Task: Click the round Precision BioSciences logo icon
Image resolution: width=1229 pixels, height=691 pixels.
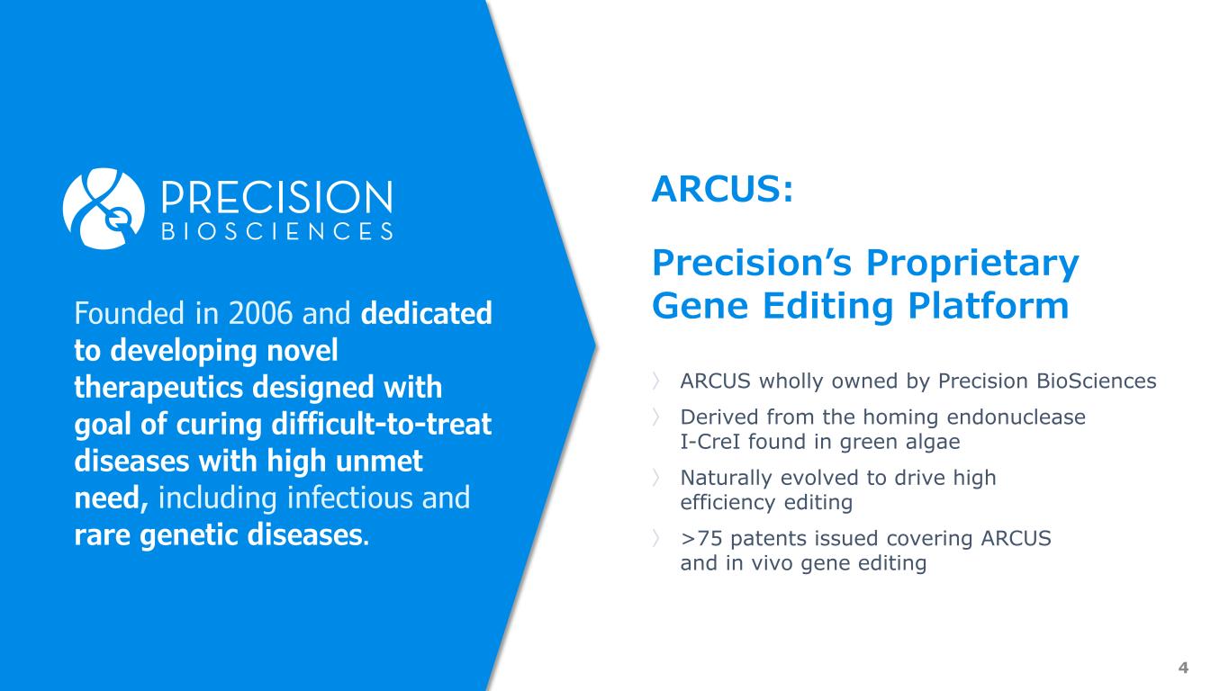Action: pyautogui.click(x=104, y=209)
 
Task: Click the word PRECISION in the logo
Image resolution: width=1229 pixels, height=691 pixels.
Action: pyautogui.click(x=277, y=197)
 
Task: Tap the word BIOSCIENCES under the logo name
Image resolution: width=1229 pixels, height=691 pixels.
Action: pyautogui.click(x=277, y=231)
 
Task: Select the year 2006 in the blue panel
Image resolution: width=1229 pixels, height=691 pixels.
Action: pyautogui.click(x=260, y=313)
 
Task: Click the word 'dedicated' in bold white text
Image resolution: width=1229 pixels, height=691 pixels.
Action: pyautogui.click(x=426, y=313)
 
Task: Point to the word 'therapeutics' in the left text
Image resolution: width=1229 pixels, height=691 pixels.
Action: pyautogui.click(x=158, y=388)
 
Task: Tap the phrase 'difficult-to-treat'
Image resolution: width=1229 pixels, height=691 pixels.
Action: pyautogui.click(x=382, y=424)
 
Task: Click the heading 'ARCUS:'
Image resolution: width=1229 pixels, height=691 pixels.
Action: pyautogui.click(x=723, y=189)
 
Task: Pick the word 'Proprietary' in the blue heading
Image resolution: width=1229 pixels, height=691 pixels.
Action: pyautogui.click(x=972, y=264)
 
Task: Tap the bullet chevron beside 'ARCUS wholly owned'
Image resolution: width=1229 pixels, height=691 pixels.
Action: pyautogui.click(x=656, y=381)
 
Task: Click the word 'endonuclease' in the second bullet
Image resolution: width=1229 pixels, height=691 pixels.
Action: pyautogui.click(x=1017, y=417)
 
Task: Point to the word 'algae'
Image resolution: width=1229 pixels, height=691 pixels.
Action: pyautogui.click(x=933, y=443)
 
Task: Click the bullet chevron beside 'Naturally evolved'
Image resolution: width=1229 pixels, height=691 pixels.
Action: pyautogui.click(x=656, y=478)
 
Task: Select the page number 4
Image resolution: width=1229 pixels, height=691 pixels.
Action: pyautogui.click(x=1183, y=668)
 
